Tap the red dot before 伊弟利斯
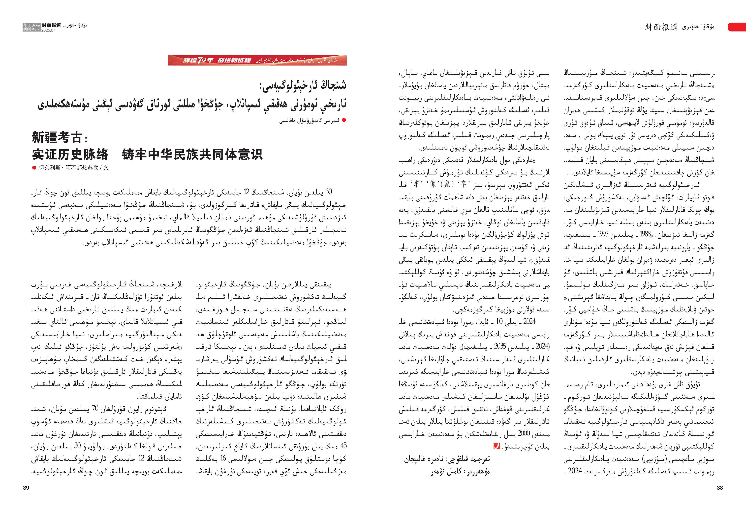click(x=34, y=168)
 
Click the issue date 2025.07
click(x=48, y=30)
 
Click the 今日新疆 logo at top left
click(x=31, y=27)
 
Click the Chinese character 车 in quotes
click(x=416, y=184)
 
